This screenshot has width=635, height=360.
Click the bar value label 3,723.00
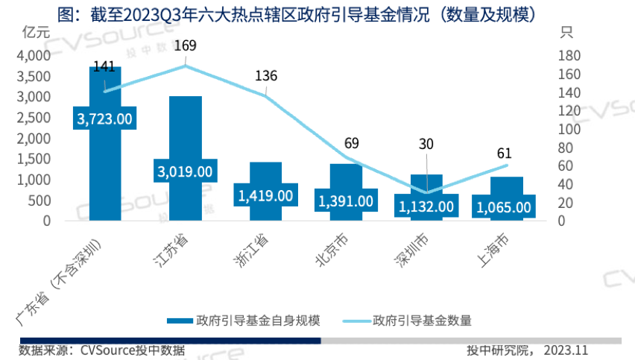[x=105, y=118]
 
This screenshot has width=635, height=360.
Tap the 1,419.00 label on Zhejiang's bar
[x=265, y=195]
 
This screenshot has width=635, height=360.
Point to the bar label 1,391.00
[x=345, y=200]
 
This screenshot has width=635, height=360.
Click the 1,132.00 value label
[x=425, y=206]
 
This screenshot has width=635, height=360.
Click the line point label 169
[x=185, y=46]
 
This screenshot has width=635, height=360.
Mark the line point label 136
[x=265, y=76]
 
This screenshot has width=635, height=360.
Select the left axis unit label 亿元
[x=36, y=33]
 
